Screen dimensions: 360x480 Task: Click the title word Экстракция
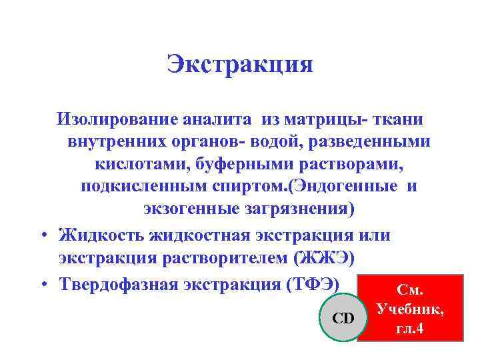[x=240, y=64]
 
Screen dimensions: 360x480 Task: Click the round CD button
[x=343, y=319]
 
